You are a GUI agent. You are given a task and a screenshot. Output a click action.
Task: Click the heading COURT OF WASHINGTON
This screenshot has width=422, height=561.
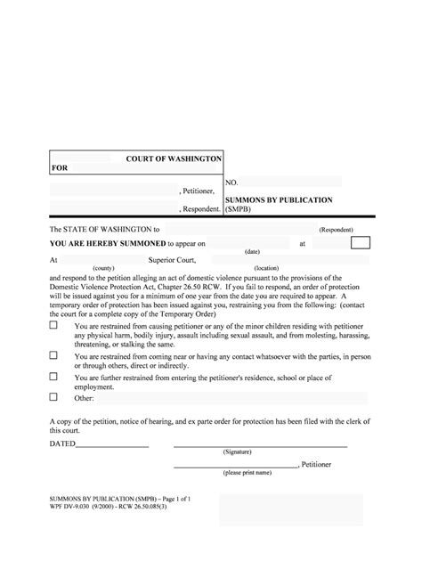(174, 158)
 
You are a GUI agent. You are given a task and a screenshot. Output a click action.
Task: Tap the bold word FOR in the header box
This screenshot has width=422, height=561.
(60, 167)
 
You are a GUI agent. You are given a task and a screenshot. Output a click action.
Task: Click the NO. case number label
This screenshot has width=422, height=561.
(231, 182)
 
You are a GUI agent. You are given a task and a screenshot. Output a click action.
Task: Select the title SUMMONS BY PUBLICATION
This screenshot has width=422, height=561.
(278, 200)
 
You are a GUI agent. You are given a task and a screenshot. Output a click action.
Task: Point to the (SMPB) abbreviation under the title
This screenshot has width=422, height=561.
(239, 210)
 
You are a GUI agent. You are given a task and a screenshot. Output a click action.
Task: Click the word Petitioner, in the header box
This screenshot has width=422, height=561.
(199, 191)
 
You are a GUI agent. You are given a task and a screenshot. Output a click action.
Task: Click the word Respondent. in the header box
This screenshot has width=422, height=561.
(199, 209)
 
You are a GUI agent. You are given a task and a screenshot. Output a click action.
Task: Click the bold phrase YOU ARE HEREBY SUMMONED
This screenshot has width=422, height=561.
(104, 242)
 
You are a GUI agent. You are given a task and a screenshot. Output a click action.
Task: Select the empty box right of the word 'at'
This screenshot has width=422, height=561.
(361, 242)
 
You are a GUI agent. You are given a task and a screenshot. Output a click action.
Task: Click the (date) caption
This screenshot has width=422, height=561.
(252, 251)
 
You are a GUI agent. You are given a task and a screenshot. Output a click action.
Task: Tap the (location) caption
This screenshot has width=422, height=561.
(266, 268)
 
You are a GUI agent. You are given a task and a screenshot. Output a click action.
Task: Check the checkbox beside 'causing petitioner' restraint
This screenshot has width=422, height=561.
(54, 326)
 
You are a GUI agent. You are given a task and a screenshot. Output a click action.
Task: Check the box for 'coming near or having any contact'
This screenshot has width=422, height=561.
(54, 354)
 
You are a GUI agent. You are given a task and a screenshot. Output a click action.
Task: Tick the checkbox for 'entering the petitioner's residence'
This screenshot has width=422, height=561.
(54, 378)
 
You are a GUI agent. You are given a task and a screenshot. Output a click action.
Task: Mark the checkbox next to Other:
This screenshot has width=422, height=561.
(54, 397)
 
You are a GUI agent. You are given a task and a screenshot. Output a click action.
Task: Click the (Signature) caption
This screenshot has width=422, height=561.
(237, 451)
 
